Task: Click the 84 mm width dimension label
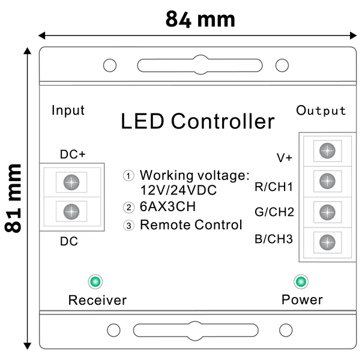click(200, 19)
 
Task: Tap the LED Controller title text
click(198, 121)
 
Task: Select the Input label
click(68, 110)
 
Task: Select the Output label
click(321, 110)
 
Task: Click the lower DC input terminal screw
click(71, 211)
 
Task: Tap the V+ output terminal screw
click(327, 150)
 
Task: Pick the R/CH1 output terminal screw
click(327, 181)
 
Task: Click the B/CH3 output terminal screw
click(327, 242)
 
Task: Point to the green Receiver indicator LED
click(94, 281)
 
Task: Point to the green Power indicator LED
click(301, 281)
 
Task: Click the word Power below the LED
click(302, 299)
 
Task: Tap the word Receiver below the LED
click(97, 299)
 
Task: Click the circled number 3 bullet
click(128, 226)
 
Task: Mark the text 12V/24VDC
click(178, 190)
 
